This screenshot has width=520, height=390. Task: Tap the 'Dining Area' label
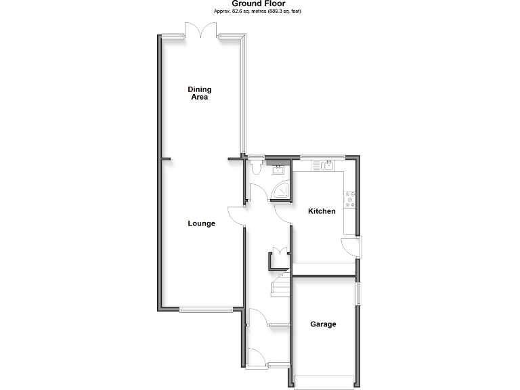pos(199,93)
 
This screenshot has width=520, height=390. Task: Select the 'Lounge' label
pos(202,223)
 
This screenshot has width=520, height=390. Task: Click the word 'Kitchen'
pos(322,211)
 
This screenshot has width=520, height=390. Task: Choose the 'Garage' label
pos(323,324)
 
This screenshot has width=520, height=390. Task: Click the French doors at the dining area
pos(201,31)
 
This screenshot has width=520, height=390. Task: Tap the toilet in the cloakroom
pos(255,167)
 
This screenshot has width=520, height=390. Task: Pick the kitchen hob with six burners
pos(351,200)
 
